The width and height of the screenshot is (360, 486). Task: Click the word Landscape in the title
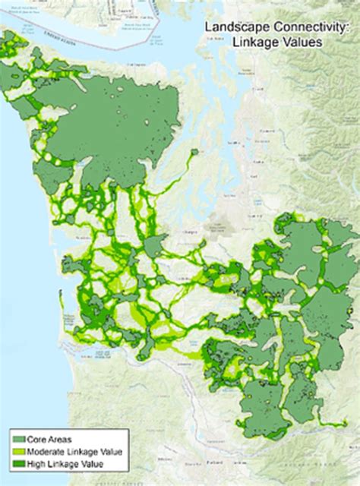[229, 27]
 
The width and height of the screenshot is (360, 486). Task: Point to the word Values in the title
[302, 43]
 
